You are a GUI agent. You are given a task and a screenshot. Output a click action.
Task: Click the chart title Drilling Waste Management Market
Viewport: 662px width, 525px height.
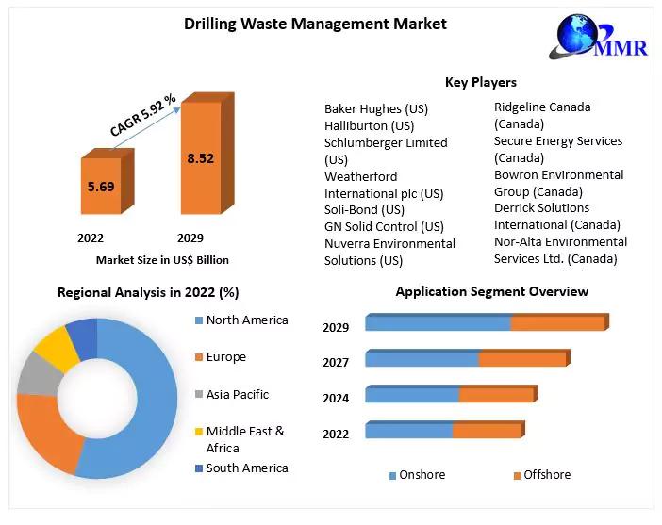tap(315, 24)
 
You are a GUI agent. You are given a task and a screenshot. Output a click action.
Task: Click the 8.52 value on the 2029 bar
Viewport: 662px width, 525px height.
tap(201, 158)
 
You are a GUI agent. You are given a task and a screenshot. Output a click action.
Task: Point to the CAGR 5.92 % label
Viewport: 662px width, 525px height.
tap(142, 115)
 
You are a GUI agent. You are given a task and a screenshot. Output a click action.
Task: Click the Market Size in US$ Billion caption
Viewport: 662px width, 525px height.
tap(162, 259)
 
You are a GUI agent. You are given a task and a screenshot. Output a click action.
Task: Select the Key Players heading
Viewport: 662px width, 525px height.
tap(480, 82)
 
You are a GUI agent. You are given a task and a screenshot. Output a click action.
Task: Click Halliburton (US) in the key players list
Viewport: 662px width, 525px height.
tap(369, 125)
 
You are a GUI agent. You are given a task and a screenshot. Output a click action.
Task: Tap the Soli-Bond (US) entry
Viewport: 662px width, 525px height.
tap(364, 209)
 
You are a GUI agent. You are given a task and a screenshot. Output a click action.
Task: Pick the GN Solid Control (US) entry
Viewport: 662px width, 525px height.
tap(384, 226)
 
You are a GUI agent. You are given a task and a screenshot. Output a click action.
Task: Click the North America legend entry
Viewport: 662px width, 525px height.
tap(247, 320)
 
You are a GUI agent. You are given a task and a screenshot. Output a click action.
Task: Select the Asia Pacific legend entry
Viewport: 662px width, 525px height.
tap(237, 395)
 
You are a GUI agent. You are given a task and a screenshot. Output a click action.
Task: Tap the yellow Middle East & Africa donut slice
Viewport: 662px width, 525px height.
tap(58, 346)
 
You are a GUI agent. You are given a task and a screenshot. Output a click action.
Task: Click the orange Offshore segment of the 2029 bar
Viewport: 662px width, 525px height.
tap(557, 323)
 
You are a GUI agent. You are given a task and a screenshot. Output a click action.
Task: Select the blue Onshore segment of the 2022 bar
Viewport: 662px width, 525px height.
tap(408, 431)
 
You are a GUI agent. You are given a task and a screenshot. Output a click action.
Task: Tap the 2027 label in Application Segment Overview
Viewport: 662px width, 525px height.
tap(336, 363)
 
